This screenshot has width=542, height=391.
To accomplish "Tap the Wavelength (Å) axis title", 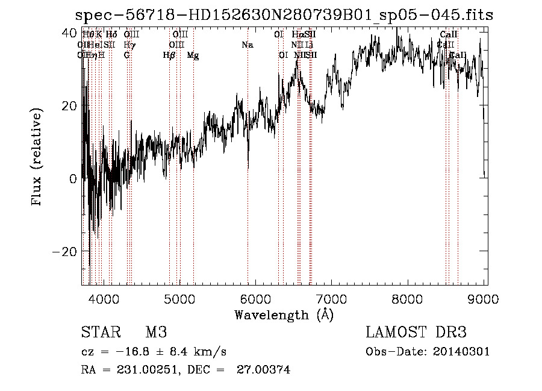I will pyautogui.click(x=284, y=314).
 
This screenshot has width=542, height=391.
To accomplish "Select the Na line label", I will pyautogui.click(x=248, y=45).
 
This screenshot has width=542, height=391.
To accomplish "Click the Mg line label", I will pyautogui.click(x=193, y=55).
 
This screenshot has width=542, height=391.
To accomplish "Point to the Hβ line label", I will pyautogui.click(x=169, y=55).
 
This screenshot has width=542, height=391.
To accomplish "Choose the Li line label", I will pyautogui.click(x=309, y=45).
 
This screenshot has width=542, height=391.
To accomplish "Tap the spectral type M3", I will pyautogui.click(x=156, y=333).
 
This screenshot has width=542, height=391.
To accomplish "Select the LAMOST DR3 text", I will pyautogui.click(x=416, y=333).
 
